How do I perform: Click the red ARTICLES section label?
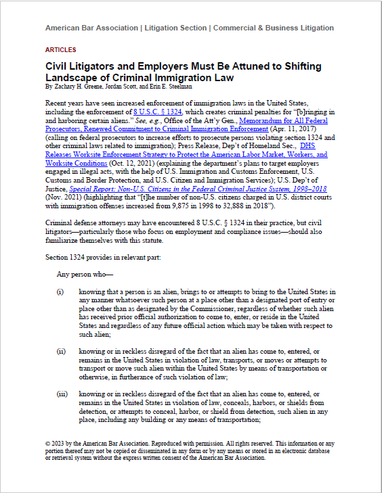point(60,50)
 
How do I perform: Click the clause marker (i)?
point(60,291)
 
